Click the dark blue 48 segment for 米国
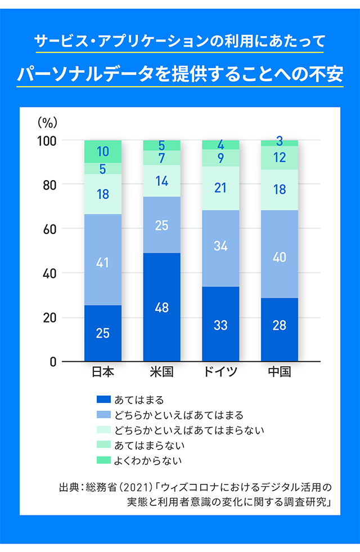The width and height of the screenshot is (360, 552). pyautogui.click(x=161, y=307)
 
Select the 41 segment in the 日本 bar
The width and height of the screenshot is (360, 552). pyautogui.click(x=102, y=262)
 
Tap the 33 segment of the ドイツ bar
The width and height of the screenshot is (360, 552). pyautogui.click(x=220, y=325)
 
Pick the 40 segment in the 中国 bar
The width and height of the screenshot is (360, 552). pyautogui.click(x=280, y=257)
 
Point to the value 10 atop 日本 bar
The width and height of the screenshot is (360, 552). pyautogui.click(x=102, y=151)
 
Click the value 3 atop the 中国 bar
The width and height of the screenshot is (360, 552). pyautogui.click(x=280, y=141)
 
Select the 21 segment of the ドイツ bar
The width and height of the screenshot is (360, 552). pyautogui.click(x=220, y=188)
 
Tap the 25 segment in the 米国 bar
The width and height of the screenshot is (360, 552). pyautogui.click(x=161, y=225)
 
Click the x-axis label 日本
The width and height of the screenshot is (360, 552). pyautogui.click(x=102, y=373)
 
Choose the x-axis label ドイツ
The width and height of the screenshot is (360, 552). pyautogui.click(x=220, y=373)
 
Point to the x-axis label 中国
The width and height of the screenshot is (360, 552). pyautogui.click(x=280, y=373)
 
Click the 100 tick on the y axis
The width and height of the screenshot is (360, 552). pyautogui.click(x=46, y=140)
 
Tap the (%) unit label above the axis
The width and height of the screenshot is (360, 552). pyautogui.click(x=47, y=122)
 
